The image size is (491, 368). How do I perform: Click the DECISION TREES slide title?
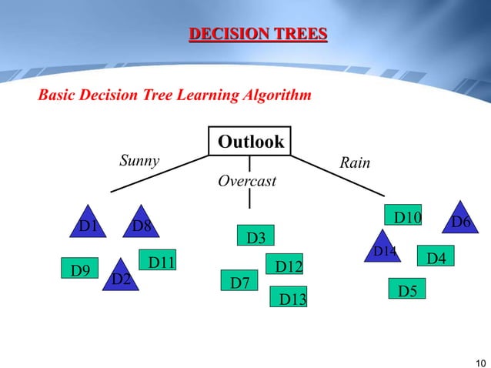click(x=258, y=34)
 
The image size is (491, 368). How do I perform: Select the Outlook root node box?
click(x=250, y=142)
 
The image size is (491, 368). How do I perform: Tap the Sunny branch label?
click(x=139, y=161)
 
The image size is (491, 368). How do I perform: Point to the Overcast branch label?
click(x=247, y=182)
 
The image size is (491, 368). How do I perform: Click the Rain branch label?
click(x=355, y=163)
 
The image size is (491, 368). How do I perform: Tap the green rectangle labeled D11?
click(x=159, y=262)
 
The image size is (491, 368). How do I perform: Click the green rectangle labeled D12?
click(x=285, y=266)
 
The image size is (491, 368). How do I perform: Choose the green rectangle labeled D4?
click(x=436, y=257)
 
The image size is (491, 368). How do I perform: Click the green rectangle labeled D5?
click(x=407, y=289)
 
